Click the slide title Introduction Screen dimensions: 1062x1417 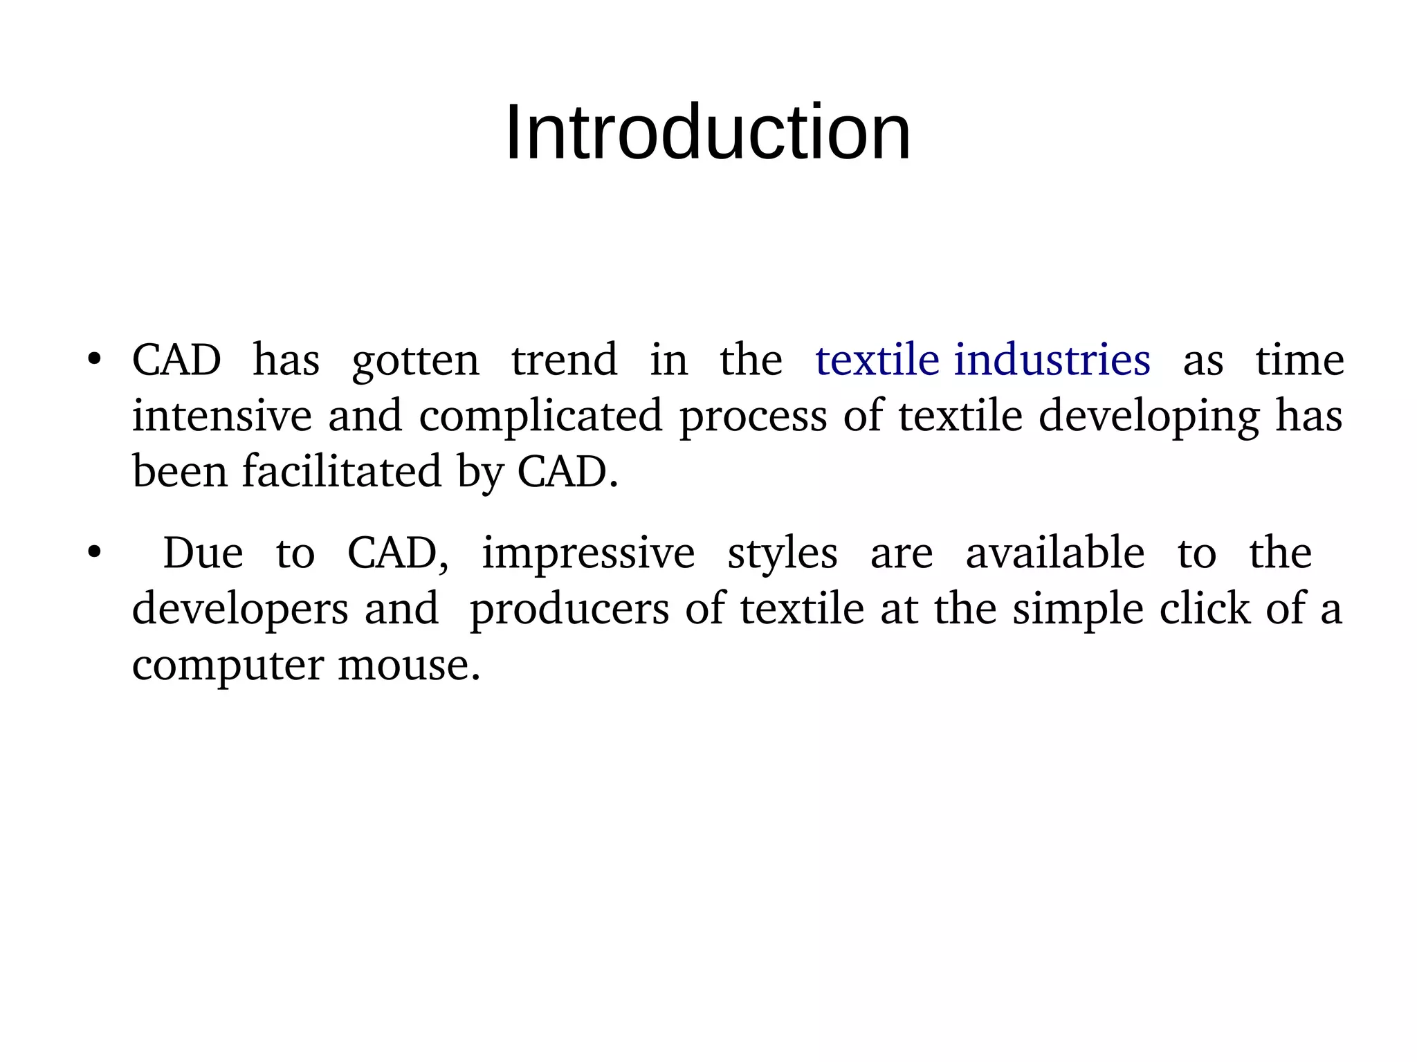708,132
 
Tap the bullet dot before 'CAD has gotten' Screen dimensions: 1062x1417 95,360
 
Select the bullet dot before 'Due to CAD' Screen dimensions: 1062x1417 95,553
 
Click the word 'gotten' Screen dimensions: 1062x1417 415,361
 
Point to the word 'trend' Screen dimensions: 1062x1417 564,360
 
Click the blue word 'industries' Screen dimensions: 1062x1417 1052,360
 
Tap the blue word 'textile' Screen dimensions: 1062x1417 877,360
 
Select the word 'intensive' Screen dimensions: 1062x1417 221,416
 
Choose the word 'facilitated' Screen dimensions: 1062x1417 342,471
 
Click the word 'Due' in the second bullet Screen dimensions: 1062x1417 203,553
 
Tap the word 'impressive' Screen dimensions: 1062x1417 588,554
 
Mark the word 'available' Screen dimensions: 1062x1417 1055,553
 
